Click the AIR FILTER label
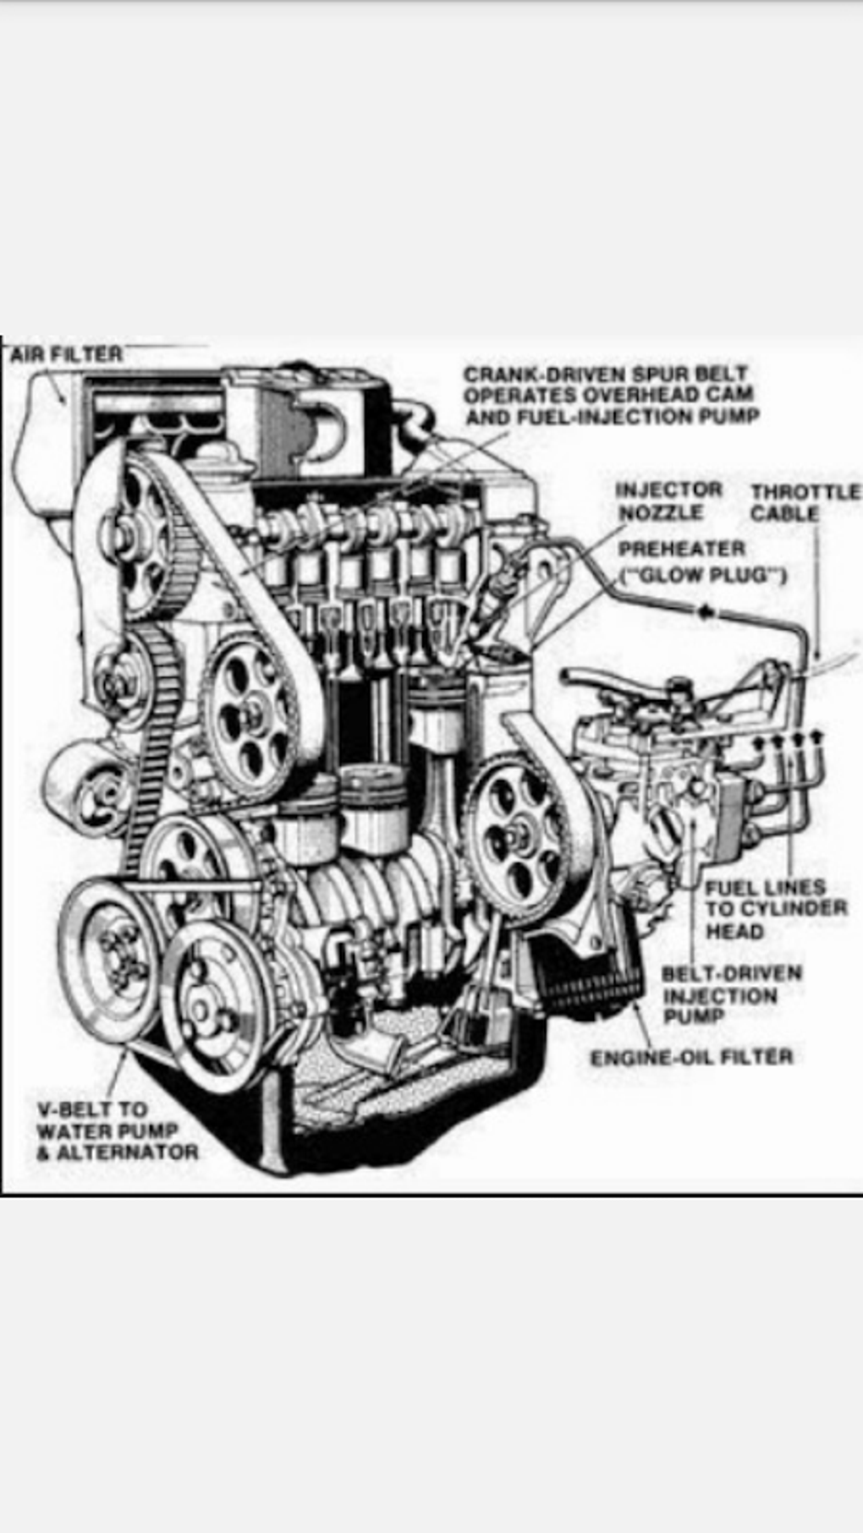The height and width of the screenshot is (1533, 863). [66, 354]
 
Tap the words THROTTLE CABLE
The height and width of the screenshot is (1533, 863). [804, 502]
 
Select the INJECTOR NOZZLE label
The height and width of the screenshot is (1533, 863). [668, 501]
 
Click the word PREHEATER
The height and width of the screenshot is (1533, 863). [681, 550]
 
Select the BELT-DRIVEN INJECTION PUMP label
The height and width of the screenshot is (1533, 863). [729, 995]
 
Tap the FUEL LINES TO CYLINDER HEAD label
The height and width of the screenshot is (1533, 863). [774, 909]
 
